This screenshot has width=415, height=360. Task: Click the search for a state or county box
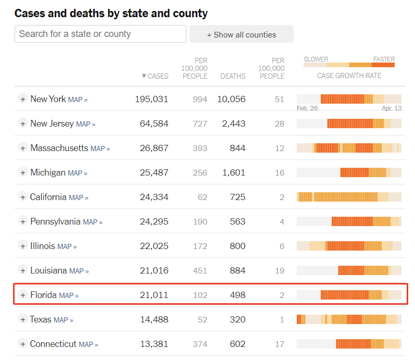pyautogui.click(x=100, y=34)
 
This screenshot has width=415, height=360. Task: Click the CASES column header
pyautogui.click(x=155, y=76)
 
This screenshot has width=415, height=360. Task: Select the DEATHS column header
pyautogui.click(x=233, y=76)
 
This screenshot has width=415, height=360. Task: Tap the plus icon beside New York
pyautogui.click(x=23, y=99)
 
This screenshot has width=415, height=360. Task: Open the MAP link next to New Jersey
pyautogui.click(x=85, y=124)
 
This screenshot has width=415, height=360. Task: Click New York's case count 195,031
pyautogui.click(x=152, y=99)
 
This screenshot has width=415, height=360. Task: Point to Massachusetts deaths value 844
pyautogui.click(x=237, y=148)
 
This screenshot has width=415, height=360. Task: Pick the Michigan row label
pyautogui.click(x=48, y=172)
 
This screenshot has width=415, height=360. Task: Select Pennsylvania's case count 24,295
pyautogui.click(x=154, y=221)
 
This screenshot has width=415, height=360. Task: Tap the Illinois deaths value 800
pyautogui.click(x=237, y=246)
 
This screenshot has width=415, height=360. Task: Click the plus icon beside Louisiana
pyautogui.click(x=23, y=270)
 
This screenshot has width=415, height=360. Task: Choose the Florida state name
pyautogui.click(x=43, y=295)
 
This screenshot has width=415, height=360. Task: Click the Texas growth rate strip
pyautogui.click(x=349, y=319)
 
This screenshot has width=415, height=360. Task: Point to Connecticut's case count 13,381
pyautogui.click(x=154, y=344)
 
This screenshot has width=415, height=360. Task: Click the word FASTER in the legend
pyautogui.click(x=384, y=59)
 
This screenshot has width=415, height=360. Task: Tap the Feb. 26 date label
pyautogui.click(x=307, y=108)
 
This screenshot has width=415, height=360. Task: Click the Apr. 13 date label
pyautogui.click(x=392, y=108)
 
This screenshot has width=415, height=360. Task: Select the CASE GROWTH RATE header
pyautogui.click(x=349, y=76)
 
